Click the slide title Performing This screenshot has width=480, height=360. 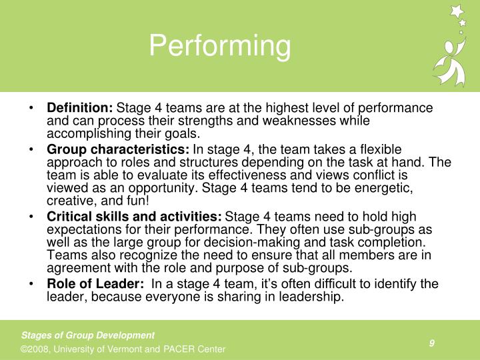tap(220, 47)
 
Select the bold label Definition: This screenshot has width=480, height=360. tap(80, 108)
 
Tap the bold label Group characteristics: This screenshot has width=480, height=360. tap(118, 149)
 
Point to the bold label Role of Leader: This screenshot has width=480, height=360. tap(95, 284)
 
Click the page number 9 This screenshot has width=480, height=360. tap(432, 343)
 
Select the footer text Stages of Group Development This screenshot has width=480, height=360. tap(88, 335)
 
